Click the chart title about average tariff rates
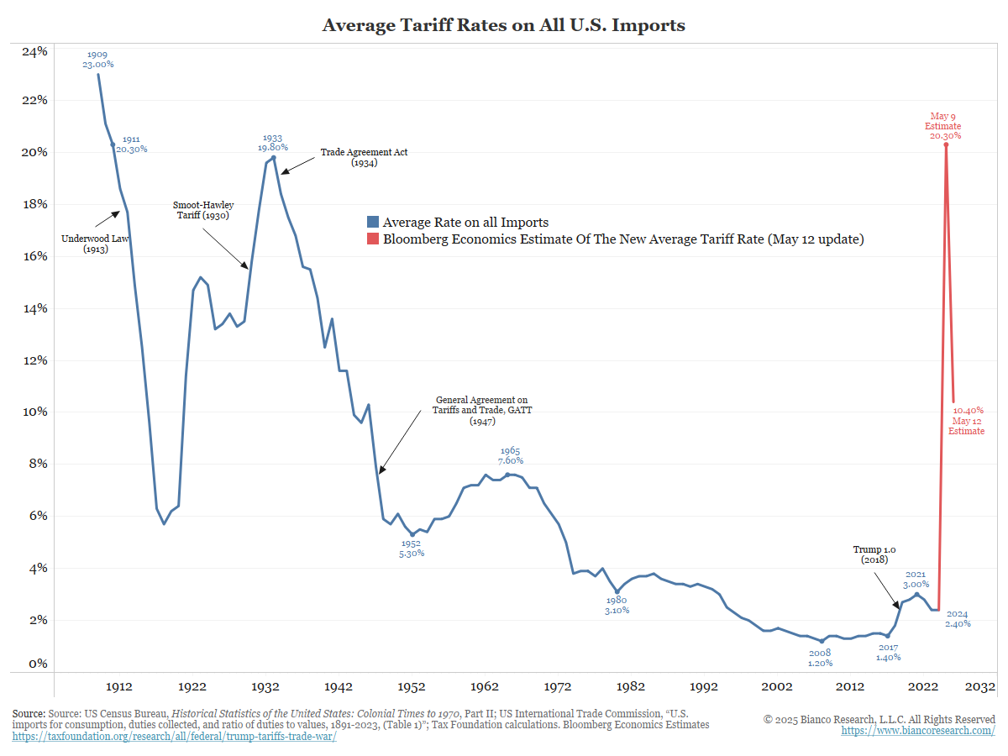point(503,25)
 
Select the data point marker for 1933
point(274,158)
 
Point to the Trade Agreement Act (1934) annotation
point(364,158)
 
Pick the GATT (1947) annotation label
point(483,411)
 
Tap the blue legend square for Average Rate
point(373,223)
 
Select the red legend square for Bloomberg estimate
point(373,239)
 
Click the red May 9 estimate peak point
point(946,144)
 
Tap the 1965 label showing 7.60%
point(510,455)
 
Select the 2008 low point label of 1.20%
point(820,658)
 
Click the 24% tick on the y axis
point(34,51)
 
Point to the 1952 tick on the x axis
point(412,686)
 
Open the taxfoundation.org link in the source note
point(174,738)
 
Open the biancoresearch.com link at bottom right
point(918,731)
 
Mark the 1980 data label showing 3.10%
point(617,605)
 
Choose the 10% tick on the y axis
point(34,412)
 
